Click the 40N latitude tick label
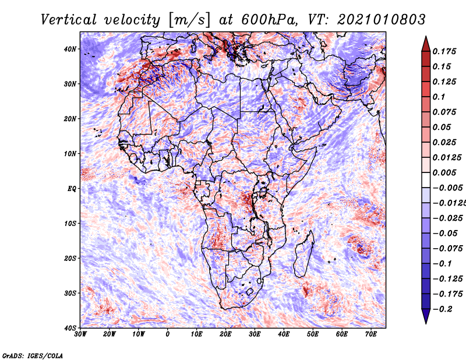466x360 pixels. click(70, 49)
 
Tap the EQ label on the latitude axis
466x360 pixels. click(72, 189)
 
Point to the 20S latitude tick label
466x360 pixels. click(70, 258)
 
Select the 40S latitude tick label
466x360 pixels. click(70, 328)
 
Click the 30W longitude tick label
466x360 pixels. click(80, 334)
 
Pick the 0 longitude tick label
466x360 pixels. click(168, 334)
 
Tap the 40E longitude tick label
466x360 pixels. click(284, 334)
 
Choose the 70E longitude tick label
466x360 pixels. click(370, 334)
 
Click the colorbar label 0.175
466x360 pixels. click(444, 52)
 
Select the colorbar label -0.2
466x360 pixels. click(443, 309)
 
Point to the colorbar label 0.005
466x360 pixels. click(444, 172)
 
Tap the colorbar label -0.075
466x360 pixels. click(447, 249)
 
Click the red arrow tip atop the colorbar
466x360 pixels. click(426, 37)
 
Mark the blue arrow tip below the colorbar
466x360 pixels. click(426, 323)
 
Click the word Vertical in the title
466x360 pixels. click(69, 20)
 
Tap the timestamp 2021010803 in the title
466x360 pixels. click(382, 20)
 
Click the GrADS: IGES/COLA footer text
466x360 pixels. click(33, 356)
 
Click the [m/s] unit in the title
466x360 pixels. click(189, 20)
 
